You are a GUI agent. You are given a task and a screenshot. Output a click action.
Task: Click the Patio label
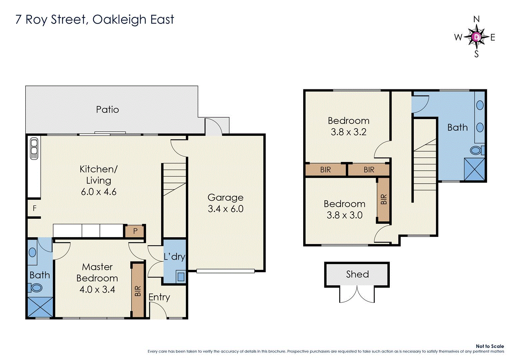click(107, 109)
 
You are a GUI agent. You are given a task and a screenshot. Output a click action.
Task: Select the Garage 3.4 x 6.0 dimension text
click(226, 209)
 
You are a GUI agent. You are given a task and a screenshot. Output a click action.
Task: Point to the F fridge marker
click(35, 208)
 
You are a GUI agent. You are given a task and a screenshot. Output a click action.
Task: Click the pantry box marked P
click(135, 231)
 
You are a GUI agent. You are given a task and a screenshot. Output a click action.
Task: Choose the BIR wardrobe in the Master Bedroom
click(138, 290)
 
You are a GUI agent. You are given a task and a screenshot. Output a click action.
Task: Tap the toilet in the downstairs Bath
click(36, 287)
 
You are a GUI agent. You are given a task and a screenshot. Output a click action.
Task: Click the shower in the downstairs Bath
click(40, 307)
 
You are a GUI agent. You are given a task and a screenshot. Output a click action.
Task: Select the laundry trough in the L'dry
click(181, 277)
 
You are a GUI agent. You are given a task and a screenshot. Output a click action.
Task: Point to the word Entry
click(159, 297)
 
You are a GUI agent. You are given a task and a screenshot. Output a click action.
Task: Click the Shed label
click(357, 274)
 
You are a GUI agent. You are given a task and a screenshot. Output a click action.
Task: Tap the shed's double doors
click(357, 295)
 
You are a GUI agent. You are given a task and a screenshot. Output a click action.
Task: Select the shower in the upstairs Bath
click(474, 169)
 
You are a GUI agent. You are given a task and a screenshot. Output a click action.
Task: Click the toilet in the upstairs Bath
click(477, 150)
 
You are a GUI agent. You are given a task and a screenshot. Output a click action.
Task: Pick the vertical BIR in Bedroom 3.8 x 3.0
click(384, 199)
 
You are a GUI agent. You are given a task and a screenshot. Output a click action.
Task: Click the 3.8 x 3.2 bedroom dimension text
click(348, 132)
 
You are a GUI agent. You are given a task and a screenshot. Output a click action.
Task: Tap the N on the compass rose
click(476, 19)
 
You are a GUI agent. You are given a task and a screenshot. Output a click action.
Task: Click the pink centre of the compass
click(477, 37)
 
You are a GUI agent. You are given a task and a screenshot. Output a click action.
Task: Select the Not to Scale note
click(490, 346)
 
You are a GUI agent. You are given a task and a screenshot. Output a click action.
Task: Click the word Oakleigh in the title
click(120, 20)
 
